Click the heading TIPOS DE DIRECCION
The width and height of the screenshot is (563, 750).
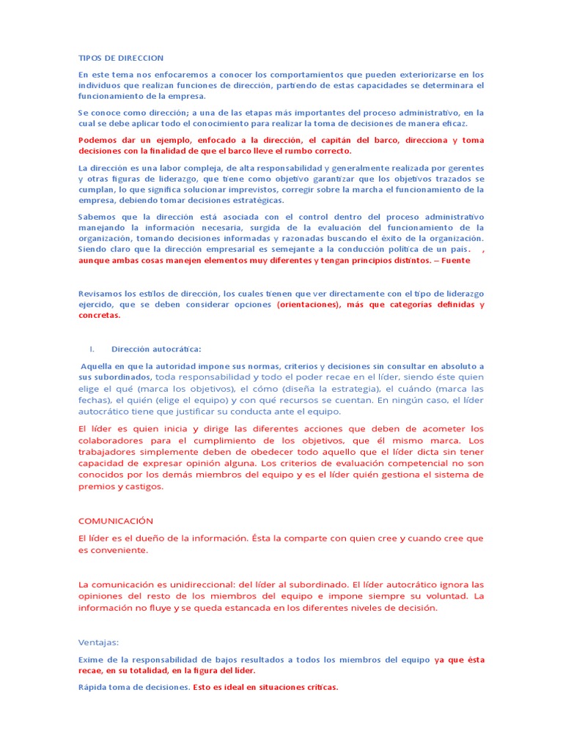(x=121, y=57)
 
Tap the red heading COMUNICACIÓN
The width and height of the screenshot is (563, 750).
(x=116, y=521)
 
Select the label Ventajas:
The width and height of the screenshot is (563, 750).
(x=97, y=642)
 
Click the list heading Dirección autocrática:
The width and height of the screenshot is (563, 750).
(x=156, y=349)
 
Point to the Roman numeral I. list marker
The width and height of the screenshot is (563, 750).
(x=92, y=349)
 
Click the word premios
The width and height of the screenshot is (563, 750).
(x=97, y=486)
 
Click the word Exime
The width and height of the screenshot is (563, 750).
(x=92, y=660)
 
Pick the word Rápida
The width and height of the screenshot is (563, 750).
(x=95, y=688)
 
